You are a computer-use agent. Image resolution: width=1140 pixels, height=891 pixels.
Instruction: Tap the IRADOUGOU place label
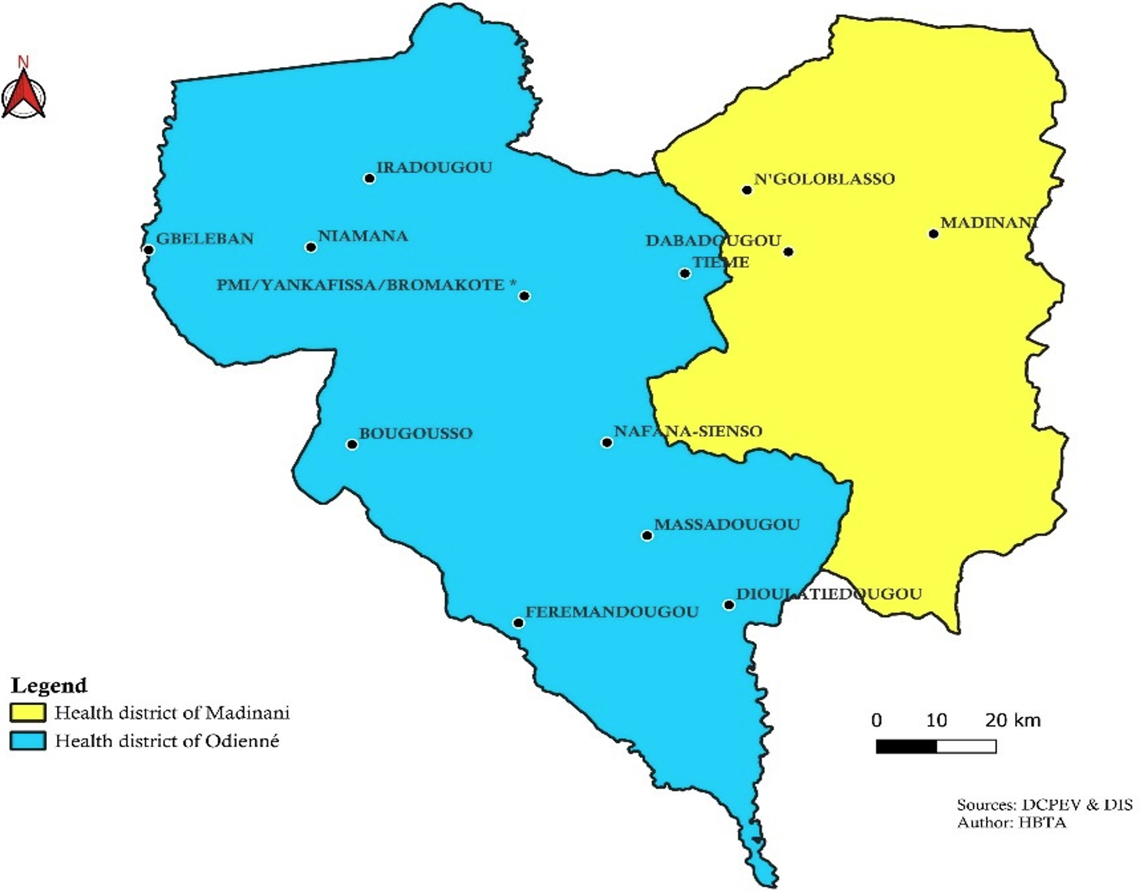(x=434, y=167)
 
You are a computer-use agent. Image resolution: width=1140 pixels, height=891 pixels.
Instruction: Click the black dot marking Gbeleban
(x=149, y=250)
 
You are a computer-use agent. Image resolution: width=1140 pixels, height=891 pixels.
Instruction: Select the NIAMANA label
(x=363, y=236)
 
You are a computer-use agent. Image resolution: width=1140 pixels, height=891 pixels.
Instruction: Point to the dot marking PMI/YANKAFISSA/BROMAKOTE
(x=525, y=296)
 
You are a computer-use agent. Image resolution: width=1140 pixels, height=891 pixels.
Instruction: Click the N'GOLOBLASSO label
(x=824, y=179)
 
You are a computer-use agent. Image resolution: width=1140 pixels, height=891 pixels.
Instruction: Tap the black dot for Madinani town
(x=934, y=234)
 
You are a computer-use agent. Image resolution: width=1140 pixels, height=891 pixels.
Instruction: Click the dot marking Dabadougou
(x=788, y=252)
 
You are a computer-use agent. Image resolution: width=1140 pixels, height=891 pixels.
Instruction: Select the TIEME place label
(x=721, y=263)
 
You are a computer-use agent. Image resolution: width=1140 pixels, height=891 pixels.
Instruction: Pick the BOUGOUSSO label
(x=415, y=433)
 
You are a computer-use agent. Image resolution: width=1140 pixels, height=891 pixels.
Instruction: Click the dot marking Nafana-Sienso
(x=607, y=442)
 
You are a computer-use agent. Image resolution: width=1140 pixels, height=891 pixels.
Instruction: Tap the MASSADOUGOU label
(x=726, y=524)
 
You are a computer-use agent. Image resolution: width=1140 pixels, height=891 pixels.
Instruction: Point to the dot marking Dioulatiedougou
(x=729, y=605)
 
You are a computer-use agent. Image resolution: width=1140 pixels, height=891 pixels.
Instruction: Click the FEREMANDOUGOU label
(x=611, y=612)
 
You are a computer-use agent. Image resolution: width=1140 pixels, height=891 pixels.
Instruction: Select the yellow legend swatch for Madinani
(x=27, y=713)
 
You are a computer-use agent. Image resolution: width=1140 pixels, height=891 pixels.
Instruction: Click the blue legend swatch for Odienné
(x=27, y=741)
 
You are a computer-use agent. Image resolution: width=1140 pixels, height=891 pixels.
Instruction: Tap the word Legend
(x=48, y=685)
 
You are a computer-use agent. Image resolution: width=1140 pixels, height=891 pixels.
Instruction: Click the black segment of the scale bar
(x=906, y=747)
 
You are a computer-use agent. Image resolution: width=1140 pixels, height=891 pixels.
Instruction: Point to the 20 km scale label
(x=1013, y=720)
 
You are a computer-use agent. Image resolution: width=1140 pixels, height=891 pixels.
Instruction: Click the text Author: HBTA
(x=1011, y=822)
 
